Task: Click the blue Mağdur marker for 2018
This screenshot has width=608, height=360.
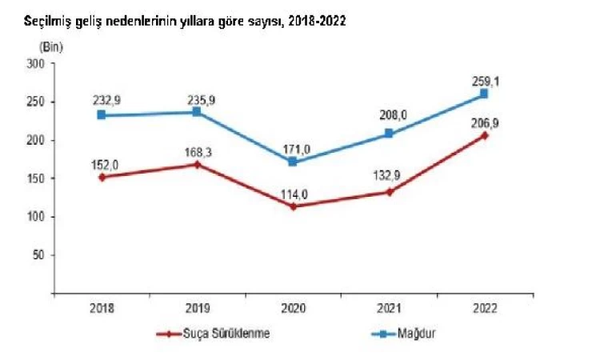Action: pos(102,114)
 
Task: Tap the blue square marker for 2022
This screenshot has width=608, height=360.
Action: pos(484,94)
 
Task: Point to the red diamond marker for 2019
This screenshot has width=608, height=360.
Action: pos(198,164)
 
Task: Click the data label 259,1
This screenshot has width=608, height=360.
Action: pos(485,78)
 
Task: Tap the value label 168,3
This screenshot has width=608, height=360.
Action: pos(199,149)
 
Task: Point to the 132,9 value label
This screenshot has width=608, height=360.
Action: pos(390,176)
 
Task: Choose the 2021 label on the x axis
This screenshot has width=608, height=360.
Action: pos(389,306)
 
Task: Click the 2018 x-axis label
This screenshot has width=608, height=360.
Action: pos(102,306)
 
